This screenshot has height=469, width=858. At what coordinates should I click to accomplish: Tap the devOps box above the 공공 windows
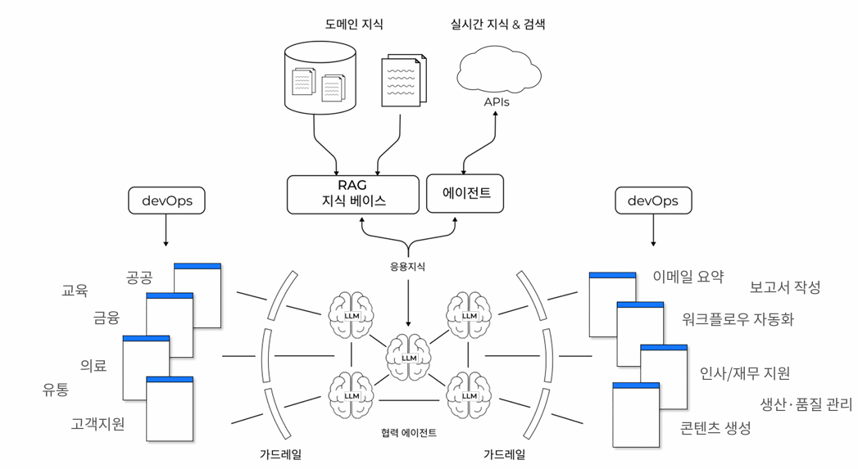click(x=166, y=201)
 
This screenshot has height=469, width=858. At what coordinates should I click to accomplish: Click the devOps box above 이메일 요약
click(x=652, y=201)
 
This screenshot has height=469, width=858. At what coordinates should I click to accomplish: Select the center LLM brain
click(x=409, y=356)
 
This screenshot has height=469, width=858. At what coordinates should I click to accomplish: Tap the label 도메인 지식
click(x=353, y=25)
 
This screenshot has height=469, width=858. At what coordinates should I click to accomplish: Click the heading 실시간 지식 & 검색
click(x=498, y=25)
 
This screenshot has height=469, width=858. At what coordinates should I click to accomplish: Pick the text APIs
click(x=497, y=102)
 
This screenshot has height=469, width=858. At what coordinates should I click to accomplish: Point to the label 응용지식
click(x=407, y=266)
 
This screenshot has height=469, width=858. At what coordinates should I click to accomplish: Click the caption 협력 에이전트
click(x=409, y=432)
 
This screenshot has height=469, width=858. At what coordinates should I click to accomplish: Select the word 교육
click(x=75, y=290)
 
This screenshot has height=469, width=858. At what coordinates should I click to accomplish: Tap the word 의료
click(x=93, y=365)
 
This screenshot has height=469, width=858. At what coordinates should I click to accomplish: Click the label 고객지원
click(x=98, y=424)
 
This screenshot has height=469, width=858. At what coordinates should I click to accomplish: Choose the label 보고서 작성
click(x=784, y=287)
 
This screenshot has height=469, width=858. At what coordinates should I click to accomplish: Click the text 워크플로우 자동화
click(x=738, y=319)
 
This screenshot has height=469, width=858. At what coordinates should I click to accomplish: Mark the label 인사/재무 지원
click(x=745, y=373)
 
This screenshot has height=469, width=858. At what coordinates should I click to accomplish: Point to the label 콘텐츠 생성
click(x=715, y=427)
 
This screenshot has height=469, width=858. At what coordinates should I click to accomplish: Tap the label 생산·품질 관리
click(x=806, y=404)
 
